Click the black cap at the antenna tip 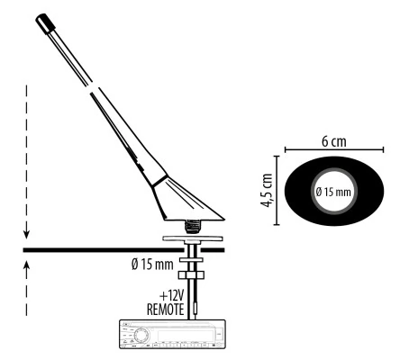45,22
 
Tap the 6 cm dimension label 334,141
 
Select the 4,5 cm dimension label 267,190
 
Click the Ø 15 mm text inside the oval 333,192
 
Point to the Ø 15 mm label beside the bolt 152,265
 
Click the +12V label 171,296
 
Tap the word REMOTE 165,310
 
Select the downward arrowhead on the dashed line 27,234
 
